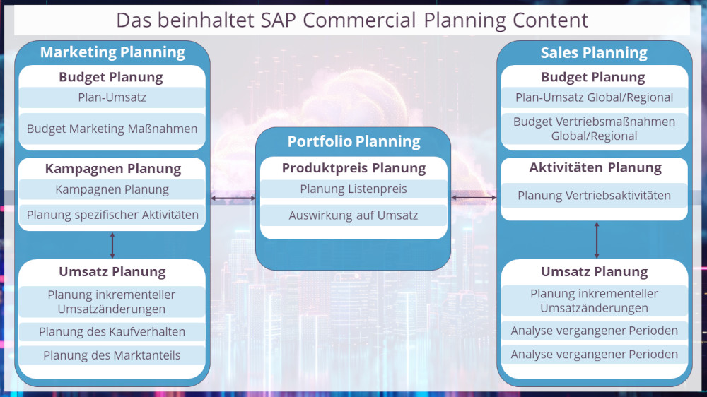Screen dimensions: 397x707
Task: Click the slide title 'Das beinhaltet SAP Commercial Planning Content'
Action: (352, 20)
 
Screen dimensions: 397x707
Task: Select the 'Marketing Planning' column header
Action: (112, 52)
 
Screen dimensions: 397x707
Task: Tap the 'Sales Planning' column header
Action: (594, 53)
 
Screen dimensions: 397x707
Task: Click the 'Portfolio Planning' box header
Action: (353, 142)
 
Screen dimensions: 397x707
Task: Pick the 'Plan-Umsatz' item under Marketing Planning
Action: (112, 97)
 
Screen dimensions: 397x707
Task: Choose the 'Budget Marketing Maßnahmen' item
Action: (112, 129)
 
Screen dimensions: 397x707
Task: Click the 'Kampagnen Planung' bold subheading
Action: (112, 169)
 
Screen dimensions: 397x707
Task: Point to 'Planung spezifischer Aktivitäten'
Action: (112, 215)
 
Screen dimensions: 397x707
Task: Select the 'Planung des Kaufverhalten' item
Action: (112, 332)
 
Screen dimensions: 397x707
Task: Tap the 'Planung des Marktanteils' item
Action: (112, 355)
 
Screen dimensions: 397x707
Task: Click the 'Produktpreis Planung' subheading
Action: (353, 168)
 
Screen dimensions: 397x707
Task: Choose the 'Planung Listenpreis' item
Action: (353, 189)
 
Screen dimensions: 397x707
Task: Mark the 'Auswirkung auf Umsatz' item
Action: (353, 215)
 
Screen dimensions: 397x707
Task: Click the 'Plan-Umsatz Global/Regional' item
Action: (594, 97)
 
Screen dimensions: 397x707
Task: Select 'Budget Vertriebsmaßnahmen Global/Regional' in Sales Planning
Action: (594, 129)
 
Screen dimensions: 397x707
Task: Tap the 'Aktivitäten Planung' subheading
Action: (594, 168)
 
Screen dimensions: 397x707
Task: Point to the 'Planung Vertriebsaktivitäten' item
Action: (594, 196)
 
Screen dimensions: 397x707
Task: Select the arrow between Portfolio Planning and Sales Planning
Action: (474, 198)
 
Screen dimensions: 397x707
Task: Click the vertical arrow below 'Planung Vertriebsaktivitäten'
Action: (597, 239)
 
